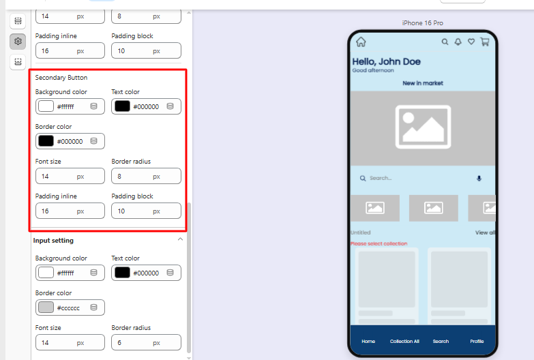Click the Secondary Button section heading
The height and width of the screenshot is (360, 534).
[61, 78]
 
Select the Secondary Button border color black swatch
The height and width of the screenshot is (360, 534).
[46, 141]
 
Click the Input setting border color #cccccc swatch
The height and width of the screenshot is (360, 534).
[46, 307]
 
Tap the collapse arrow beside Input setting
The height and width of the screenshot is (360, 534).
[180, 239]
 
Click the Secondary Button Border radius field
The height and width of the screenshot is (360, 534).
[146, 176]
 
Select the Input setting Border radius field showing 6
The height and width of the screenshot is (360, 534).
[146, 342]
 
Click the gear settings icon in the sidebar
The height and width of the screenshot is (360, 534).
[18, 41]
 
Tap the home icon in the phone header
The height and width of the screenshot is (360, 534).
[361, 42]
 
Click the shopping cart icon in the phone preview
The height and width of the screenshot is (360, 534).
[485, 42]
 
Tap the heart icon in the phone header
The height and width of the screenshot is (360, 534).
[471, 42]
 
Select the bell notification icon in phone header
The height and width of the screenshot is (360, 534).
[458, 42]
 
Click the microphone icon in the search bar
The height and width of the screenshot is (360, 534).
[479, 178]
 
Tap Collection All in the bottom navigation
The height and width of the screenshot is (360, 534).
[404, 342]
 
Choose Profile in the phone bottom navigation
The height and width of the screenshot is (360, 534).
[477, 342]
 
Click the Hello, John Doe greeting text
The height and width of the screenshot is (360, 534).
[386, 61]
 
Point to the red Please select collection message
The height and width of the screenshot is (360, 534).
[379, 243]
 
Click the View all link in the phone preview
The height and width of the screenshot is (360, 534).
[486, 232]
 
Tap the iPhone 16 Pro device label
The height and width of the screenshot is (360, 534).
[423, 22]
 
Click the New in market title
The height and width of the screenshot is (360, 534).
[423, 83]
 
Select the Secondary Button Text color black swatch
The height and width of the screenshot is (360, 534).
[122, 106]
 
